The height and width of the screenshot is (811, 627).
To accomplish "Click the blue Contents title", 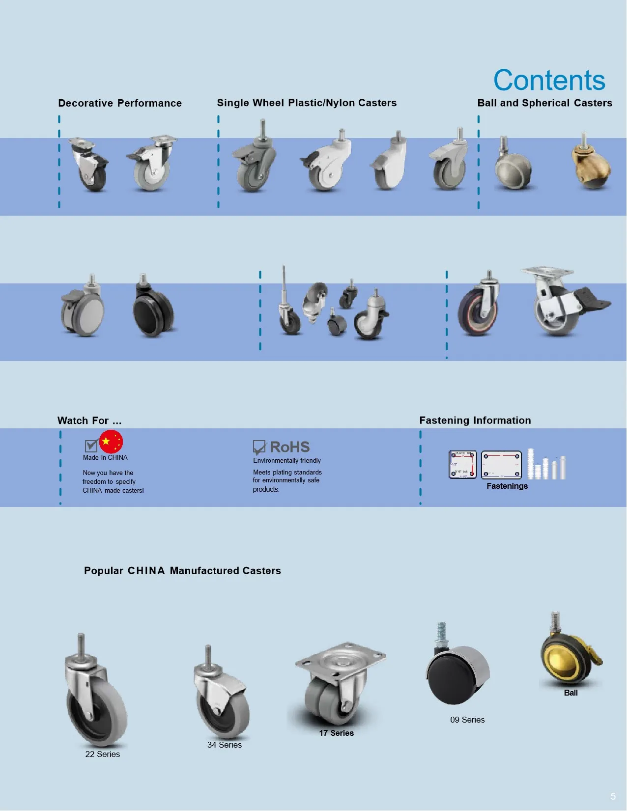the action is (549, 80).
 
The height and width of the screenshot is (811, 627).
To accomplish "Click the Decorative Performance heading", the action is (120, 103).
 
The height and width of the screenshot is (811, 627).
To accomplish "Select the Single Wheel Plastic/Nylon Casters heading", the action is (307, 103).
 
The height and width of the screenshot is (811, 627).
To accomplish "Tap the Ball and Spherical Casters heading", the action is (544, 103).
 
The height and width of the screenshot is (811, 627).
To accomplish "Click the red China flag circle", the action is (111, 442).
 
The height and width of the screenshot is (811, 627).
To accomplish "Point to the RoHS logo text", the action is (289, 447).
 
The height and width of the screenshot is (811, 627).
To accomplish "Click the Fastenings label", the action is (507, 486).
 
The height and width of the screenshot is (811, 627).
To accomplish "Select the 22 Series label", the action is (102, 754).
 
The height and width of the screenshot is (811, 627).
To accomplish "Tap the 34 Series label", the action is (224, 745).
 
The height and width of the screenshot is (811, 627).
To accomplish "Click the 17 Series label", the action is (336, 733).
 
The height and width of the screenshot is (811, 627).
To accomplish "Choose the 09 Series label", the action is (467, 720).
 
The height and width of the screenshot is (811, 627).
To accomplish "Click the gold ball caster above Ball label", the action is (570, 658).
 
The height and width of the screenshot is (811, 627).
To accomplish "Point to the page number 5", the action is (613, 796).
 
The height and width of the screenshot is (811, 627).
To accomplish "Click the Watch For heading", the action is (89, 420).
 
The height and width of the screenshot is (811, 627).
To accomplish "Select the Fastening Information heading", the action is (475, 420).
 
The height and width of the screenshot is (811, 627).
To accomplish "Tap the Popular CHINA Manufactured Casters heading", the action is (182, 571).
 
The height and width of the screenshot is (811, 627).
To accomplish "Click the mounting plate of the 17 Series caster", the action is (340, 658).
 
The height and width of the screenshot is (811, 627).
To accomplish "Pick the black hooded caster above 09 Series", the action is (457, 673).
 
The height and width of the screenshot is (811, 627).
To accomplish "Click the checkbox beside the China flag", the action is (91, 446).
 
